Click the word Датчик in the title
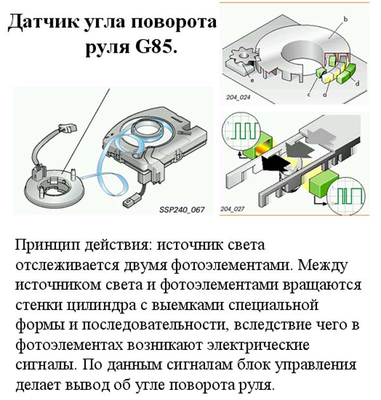[43, 22]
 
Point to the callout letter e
[252, 81]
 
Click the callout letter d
[358, 83]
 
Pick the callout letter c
[309, 94]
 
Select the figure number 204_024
[238, 97]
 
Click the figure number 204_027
[232, 209]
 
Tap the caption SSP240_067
[182, 210]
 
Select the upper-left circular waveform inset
[241, 131]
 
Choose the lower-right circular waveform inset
[345, 195]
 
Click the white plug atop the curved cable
[67, 127]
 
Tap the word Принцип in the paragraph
[48, 245]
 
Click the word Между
[322, 266]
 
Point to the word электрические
[258, 345]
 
